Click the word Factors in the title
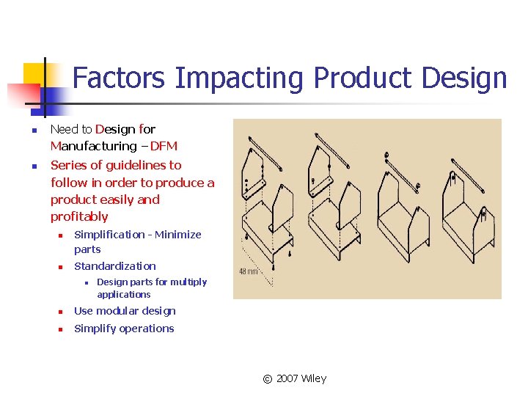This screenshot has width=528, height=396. point(120,78)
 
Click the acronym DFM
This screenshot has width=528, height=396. point(164,146)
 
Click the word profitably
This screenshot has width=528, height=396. point(79,216)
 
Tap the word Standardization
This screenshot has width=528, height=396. point(115,266)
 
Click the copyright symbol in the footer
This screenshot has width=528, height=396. point(268,378)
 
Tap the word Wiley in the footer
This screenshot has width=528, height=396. point(314,378)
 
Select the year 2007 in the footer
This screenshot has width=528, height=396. point(287,378)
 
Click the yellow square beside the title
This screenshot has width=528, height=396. point(34,74)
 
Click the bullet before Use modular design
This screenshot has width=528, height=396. point(62,312)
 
